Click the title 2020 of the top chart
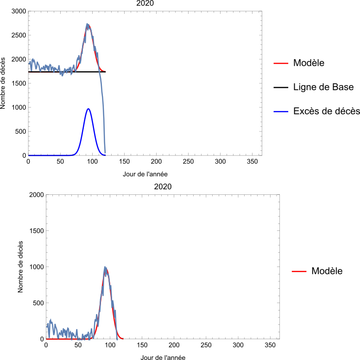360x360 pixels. click(x=145, y=3)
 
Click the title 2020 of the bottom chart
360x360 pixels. click(x=163, y=187)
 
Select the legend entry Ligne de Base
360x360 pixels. click(x=323, y=87)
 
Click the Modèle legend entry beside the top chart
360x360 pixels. click(x=309, y=63)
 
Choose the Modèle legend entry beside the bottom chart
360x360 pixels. click(x=327, y=271)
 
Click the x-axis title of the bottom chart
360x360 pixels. click(x=163, y=357)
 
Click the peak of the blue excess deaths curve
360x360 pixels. click(x=88, y=109)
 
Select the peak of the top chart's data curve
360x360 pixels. click(x=87, y=24)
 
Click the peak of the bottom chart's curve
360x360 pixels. click(x=105, y=267)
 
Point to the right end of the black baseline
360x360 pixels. click(x=105, y=72)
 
